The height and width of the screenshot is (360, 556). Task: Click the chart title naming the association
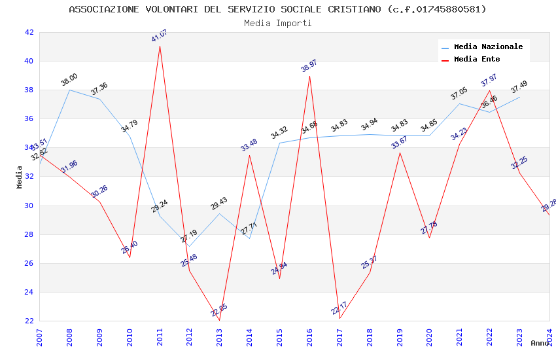tap(277, 9)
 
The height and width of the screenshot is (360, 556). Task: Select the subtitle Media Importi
tap(277, 23)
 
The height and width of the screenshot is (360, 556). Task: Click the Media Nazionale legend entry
tap(488, 47)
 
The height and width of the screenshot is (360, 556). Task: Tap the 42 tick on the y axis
tap(29, 32)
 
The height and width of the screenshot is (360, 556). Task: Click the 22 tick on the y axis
tap(29, 321)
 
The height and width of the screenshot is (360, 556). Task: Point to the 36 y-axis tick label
tap(29, 118)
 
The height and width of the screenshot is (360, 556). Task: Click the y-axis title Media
tap(20, 177)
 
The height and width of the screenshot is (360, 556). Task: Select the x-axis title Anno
tap(540, 343)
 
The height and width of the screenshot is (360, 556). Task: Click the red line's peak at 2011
tap(160, 46)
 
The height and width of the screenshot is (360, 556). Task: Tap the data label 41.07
tap(160, 35)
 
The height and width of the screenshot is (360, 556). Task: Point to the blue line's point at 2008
tap(69, 90)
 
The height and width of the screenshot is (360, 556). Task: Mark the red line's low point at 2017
tap(339, 318)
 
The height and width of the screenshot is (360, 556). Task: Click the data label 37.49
tap(519, 87)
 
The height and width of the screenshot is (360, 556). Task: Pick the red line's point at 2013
tap(219, 320)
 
